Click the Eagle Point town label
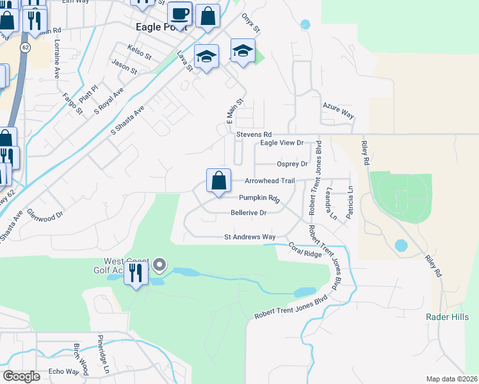[x=162, y=28]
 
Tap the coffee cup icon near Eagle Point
[x=180, y=13]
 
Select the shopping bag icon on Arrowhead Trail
[x=218, y=180]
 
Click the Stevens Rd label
[x=254, y=134]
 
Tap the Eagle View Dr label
[x=281, y=143]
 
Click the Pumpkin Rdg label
[x=260, y=198]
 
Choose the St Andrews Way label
[x=250, y=237]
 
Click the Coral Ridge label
[x=304, y=250]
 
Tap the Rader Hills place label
[x=443, y=317]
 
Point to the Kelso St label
[x=139, y=51]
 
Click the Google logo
[x=21, y=376]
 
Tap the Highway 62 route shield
[x=25, y=47]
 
